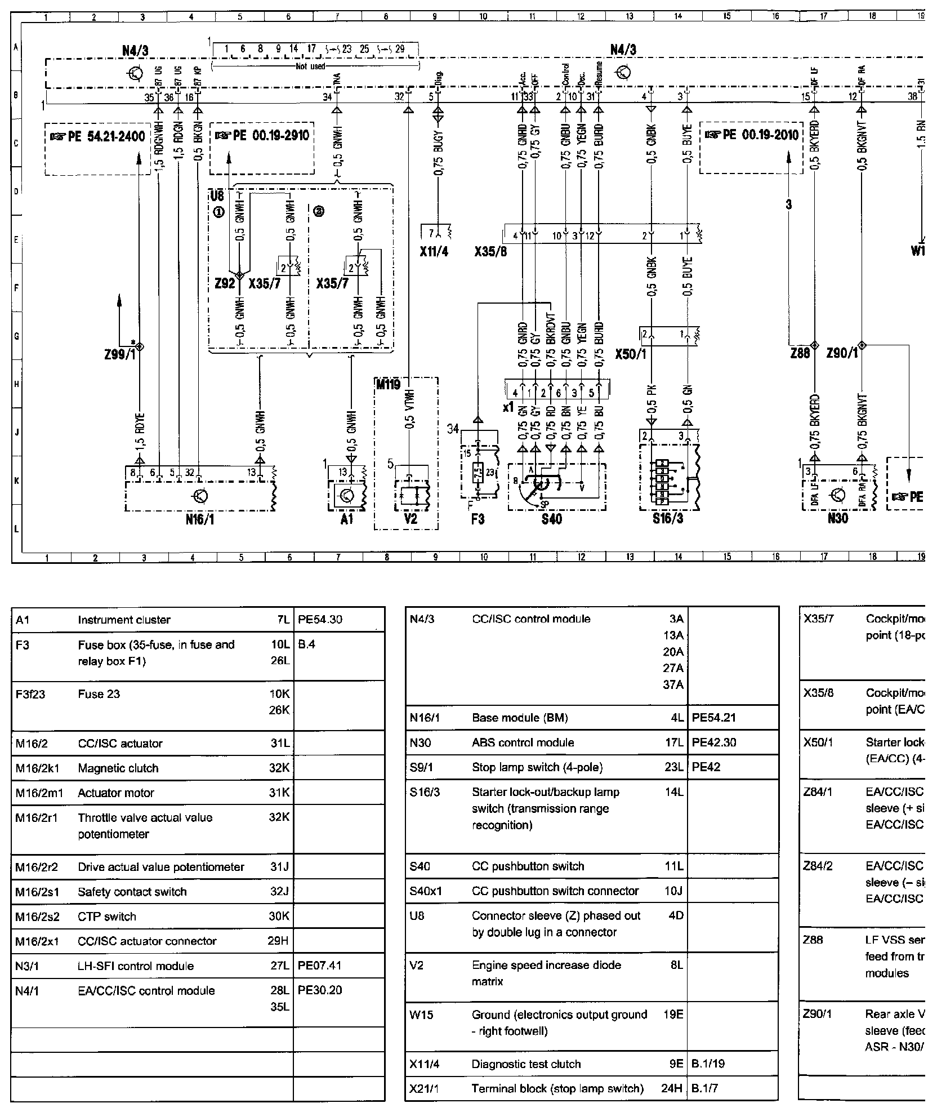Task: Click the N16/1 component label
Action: click(200, 520)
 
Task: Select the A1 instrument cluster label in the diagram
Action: click(347, 520)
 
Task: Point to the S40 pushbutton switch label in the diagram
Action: click(551, 520)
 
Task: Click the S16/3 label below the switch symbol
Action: click(668, 519)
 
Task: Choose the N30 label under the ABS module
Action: click(837, 519)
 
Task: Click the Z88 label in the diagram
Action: click(800, 353)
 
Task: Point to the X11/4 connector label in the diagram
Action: click(434, 252)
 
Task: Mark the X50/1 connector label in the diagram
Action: click(630, 354)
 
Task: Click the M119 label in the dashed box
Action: click(387, 385)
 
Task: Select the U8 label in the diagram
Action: click(217, 196)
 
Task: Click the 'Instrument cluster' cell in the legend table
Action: click(124, 620)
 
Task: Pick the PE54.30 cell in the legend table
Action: click(320, 620)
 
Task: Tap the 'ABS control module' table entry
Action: click(523, 742)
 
